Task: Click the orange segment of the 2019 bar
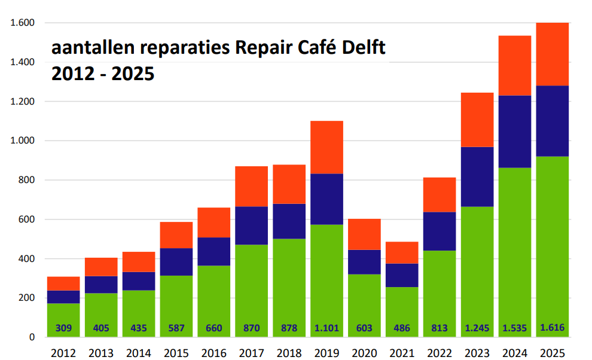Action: [326, 147]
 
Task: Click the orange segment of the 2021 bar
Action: [402, 252]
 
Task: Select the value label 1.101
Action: [326, 328]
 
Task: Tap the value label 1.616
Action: [552, 327]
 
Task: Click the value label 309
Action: [63, 328]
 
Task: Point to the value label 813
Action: [440, 328]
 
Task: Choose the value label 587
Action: [176, 328]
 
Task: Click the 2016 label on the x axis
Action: [214, 353]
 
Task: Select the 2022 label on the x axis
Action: [440, 353]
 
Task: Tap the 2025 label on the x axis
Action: [552, 353]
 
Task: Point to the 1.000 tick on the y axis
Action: [23, 141]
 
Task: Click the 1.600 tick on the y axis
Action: [23, 23]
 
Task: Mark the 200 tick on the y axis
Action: [28, 298]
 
